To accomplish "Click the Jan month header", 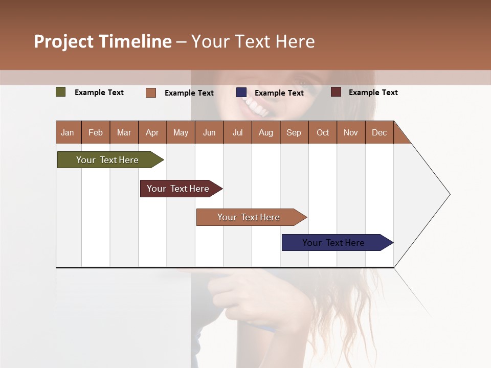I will click(x=68, y=132).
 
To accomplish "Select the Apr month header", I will click(x=152, y=132).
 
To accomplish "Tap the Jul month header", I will click(x=237, y=132).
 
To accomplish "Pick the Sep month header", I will click(x=294, y=132).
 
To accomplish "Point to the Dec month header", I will click(x=379, y=132).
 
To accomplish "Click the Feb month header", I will click(x=96, y=132).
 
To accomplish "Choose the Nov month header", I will click(x=350, y=132).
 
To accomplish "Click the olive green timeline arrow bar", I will click(x=108, y=160).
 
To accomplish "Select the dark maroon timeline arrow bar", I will click(x=178, y=189).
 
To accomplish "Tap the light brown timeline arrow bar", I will click(x=249, y=217).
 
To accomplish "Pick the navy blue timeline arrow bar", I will click(x=334, y=243).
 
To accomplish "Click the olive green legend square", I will click(x=61, y=92).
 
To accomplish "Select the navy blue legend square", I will click(x=241, y=93).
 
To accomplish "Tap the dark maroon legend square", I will click(x=336, y=92).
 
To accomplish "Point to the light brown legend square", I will click(x=151, y=93).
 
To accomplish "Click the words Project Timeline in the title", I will click(x=103, y=41).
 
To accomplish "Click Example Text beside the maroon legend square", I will click(x=373, y=93).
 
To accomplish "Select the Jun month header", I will click(x=209, y=132).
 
